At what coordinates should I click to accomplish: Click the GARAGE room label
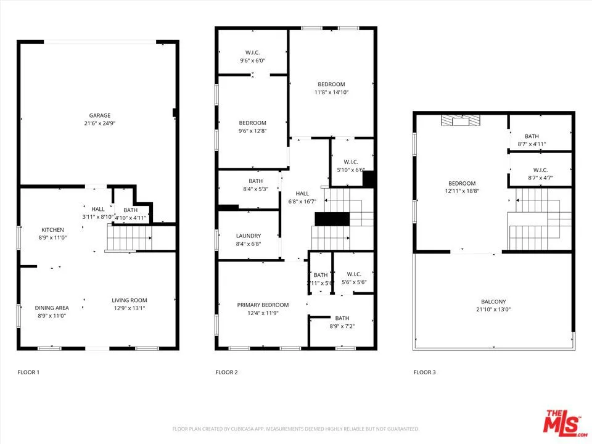[x=99, y=115]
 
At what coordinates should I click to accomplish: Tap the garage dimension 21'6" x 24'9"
[x=99, y=123]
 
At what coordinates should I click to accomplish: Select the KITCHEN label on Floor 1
[x=52, y=230]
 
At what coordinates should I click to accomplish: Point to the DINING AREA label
[x=52, y=308]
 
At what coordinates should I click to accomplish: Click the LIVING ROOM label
[x=129, y=300]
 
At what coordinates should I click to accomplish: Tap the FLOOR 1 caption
[x=28, y=372]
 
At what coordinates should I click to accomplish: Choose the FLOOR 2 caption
[x=226, y=372]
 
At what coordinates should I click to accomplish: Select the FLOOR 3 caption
[x=424, y=372]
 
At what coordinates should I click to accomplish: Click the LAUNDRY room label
[x=249, y=236]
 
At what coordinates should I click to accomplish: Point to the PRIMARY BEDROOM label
[x=263, y=305]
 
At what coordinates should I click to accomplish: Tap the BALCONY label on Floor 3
[x=493, y=302]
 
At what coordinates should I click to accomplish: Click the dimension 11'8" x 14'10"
[x=331, y=92]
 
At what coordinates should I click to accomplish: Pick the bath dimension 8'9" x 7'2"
[x=342, y=326]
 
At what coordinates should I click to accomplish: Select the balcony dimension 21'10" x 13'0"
[x=493, y=310]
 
